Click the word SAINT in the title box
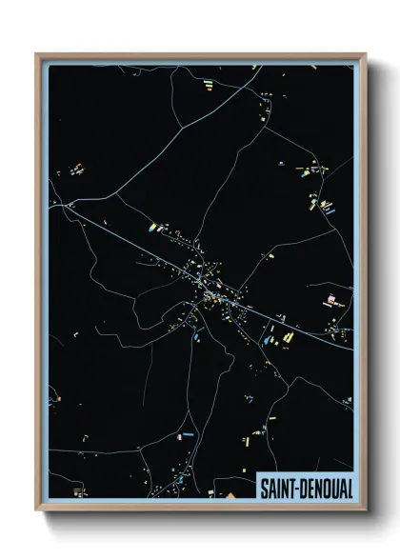pos(276,487)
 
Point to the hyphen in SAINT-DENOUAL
pos(297,488)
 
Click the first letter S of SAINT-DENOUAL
pos(263,487)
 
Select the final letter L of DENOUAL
pos(348,487)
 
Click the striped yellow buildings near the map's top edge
pos(208,87)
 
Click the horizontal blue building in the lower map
pos(187,435)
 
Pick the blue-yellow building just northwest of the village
pos(151,228)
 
